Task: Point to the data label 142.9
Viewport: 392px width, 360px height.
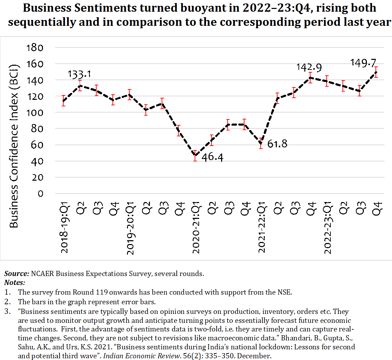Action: [x=310, y=67]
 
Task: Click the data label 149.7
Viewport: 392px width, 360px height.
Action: [x=363, y=63]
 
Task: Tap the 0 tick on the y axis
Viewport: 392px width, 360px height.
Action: [x=41, y=193]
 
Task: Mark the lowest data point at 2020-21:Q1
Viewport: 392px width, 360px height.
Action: [x=195, y=156]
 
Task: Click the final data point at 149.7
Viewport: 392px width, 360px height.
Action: [x=376, y=72]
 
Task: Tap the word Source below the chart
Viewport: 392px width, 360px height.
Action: [x=16, y=274]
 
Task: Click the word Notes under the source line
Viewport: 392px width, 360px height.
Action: [x=14, y=283]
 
